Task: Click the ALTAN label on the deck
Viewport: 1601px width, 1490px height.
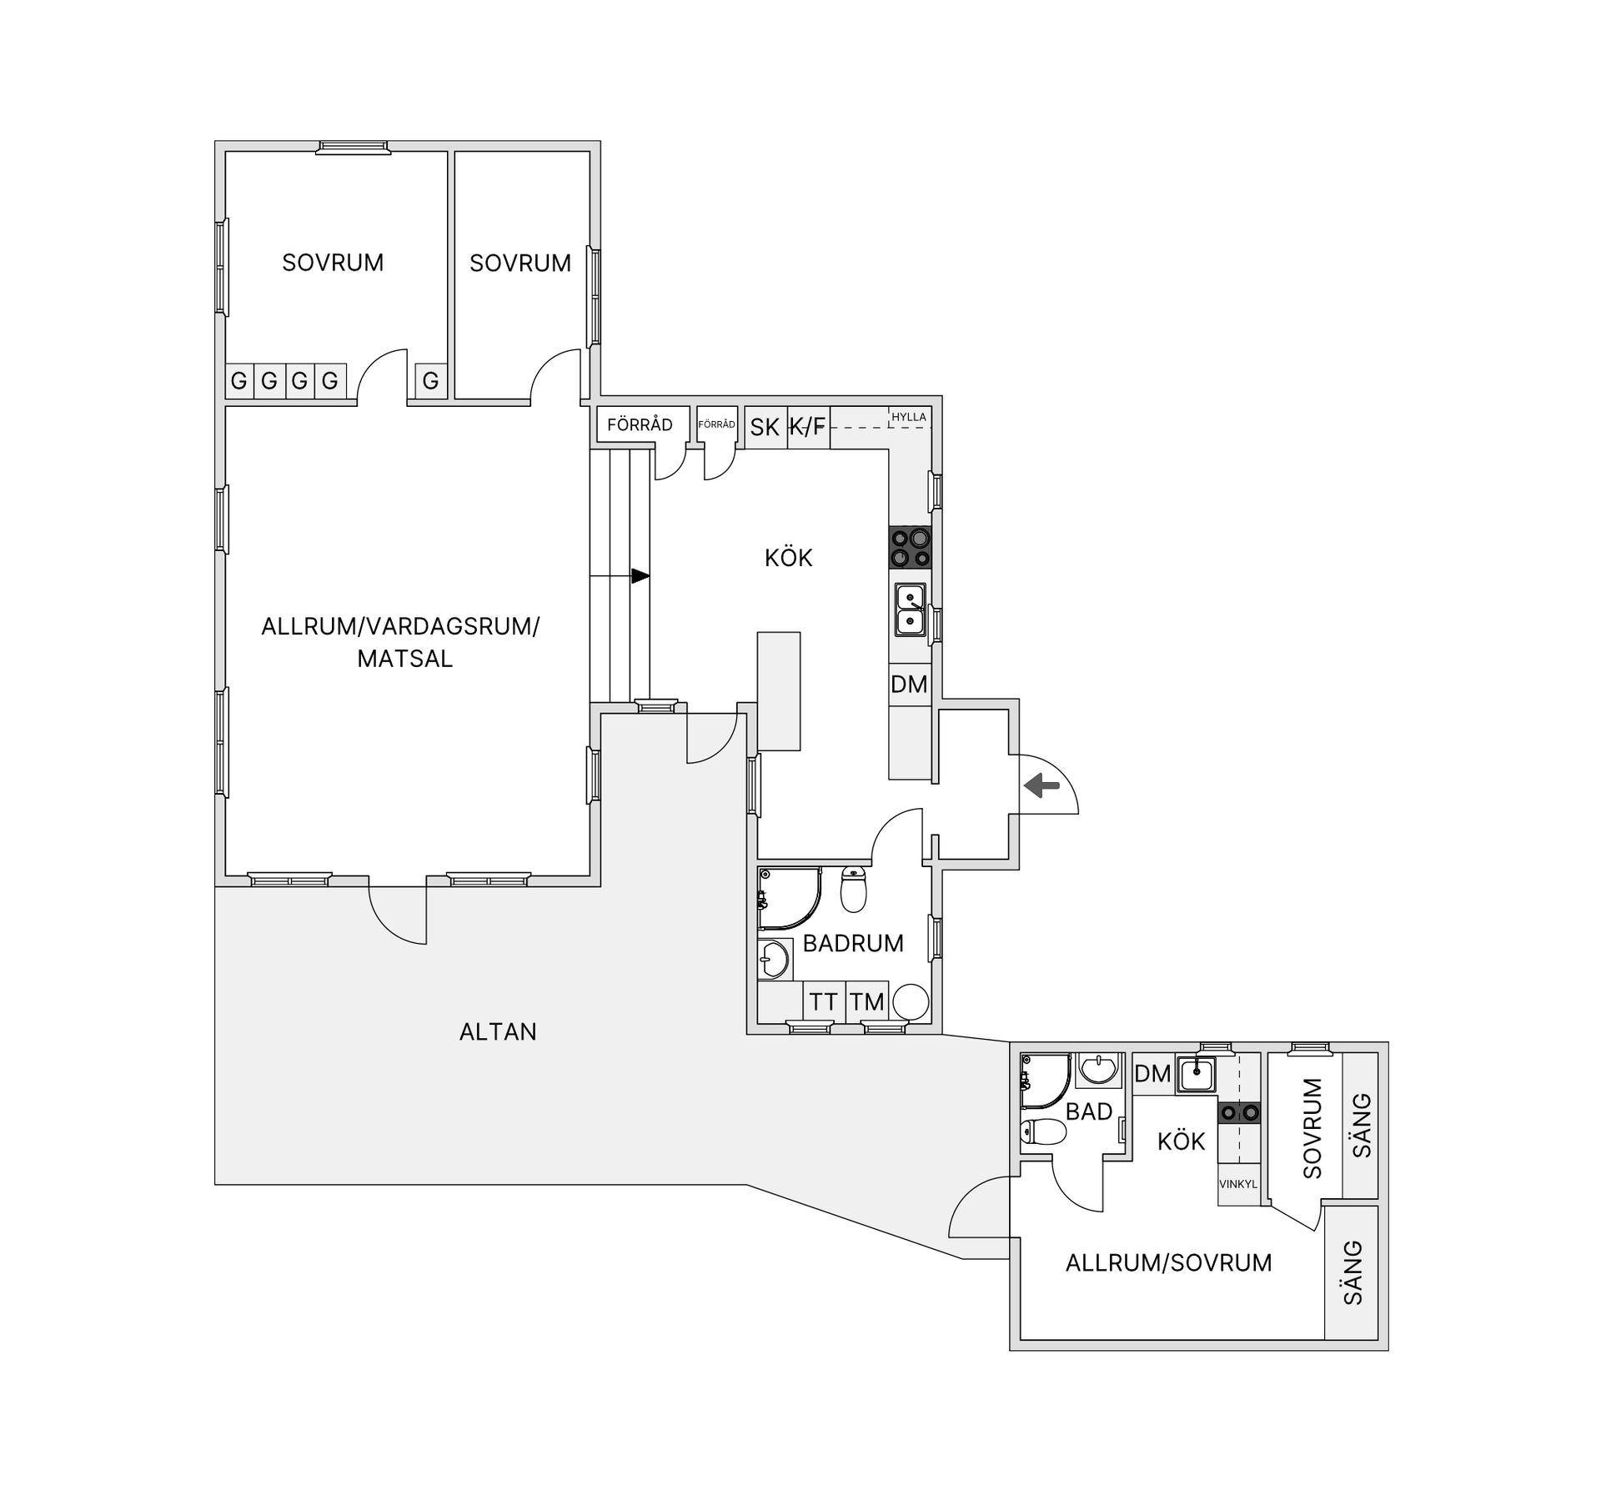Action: [x=498, y=1032]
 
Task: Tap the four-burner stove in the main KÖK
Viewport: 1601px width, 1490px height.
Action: [x=910, y=548]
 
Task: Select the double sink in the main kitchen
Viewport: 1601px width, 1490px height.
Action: [x=910, y=609]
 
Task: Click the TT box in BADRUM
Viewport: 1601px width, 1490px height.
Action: [x=824, y=1001]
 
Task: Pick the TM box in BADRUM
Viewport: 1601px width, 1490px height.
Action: [x=867, y=1001]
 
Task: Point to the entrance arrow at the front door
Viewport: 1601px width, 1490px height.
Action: [x=1041, y=785]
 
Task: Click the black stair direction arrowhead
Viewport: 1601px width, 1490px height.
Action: [x=640, y=576]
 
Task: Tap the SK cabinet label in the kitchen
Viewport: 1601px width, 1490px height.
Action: [x=765, y=428]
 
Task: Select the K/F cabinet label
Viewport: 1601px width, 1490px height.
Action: [x=807, y=428]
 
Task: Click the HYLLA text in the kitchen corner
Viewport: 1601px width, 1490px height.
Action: [x=908, y=417]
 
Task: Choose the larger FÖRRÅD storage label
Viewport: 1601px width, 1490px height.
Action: [x=640, y=425]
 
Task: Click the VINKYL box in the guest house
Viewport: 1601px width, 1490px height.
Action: [x=1237, y=1184]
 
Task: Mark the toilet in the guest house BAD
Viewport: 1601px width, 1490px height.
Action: [x=1043, y=1132]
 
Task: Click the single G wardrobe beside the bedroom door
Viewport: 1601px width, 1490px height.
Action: [x=430, y=382]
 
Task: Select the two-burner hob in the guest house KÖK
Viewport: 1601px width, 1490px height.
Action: [x=1238, y=1112]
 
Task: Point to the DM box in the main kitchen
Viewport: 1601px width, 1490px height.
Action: [x=909, y=685]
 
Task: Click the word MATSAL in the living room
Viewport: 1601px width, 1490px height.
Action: [x=404, y=659]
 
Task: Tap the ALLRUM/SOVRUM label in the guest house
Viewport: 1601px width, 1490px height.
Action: [x=1168, y=1262]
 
